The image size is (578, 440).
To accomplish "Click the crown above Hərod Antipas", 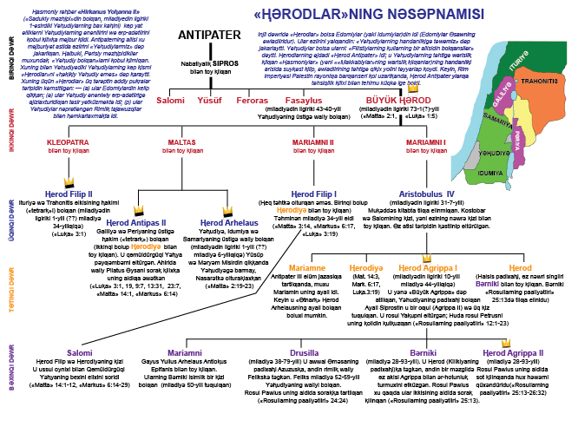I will tap(137, 210).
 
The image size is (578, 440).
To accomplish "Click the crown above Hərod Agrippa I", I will tap(427, 257).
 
